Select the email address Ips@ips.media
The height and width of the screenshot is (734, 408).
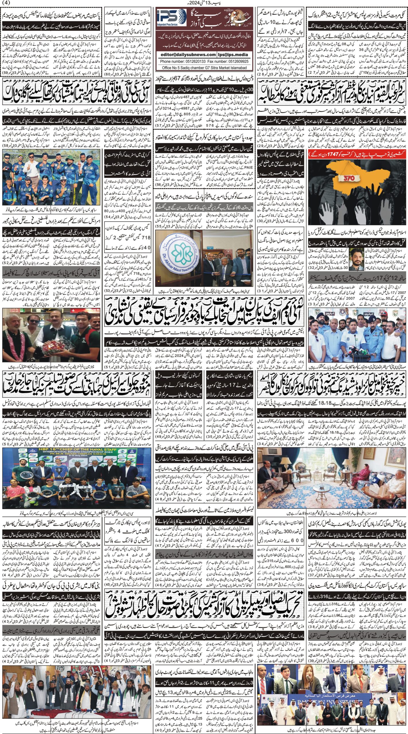(234, 55)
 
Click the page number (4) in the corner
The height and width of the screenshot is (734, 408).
(6, 3)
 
